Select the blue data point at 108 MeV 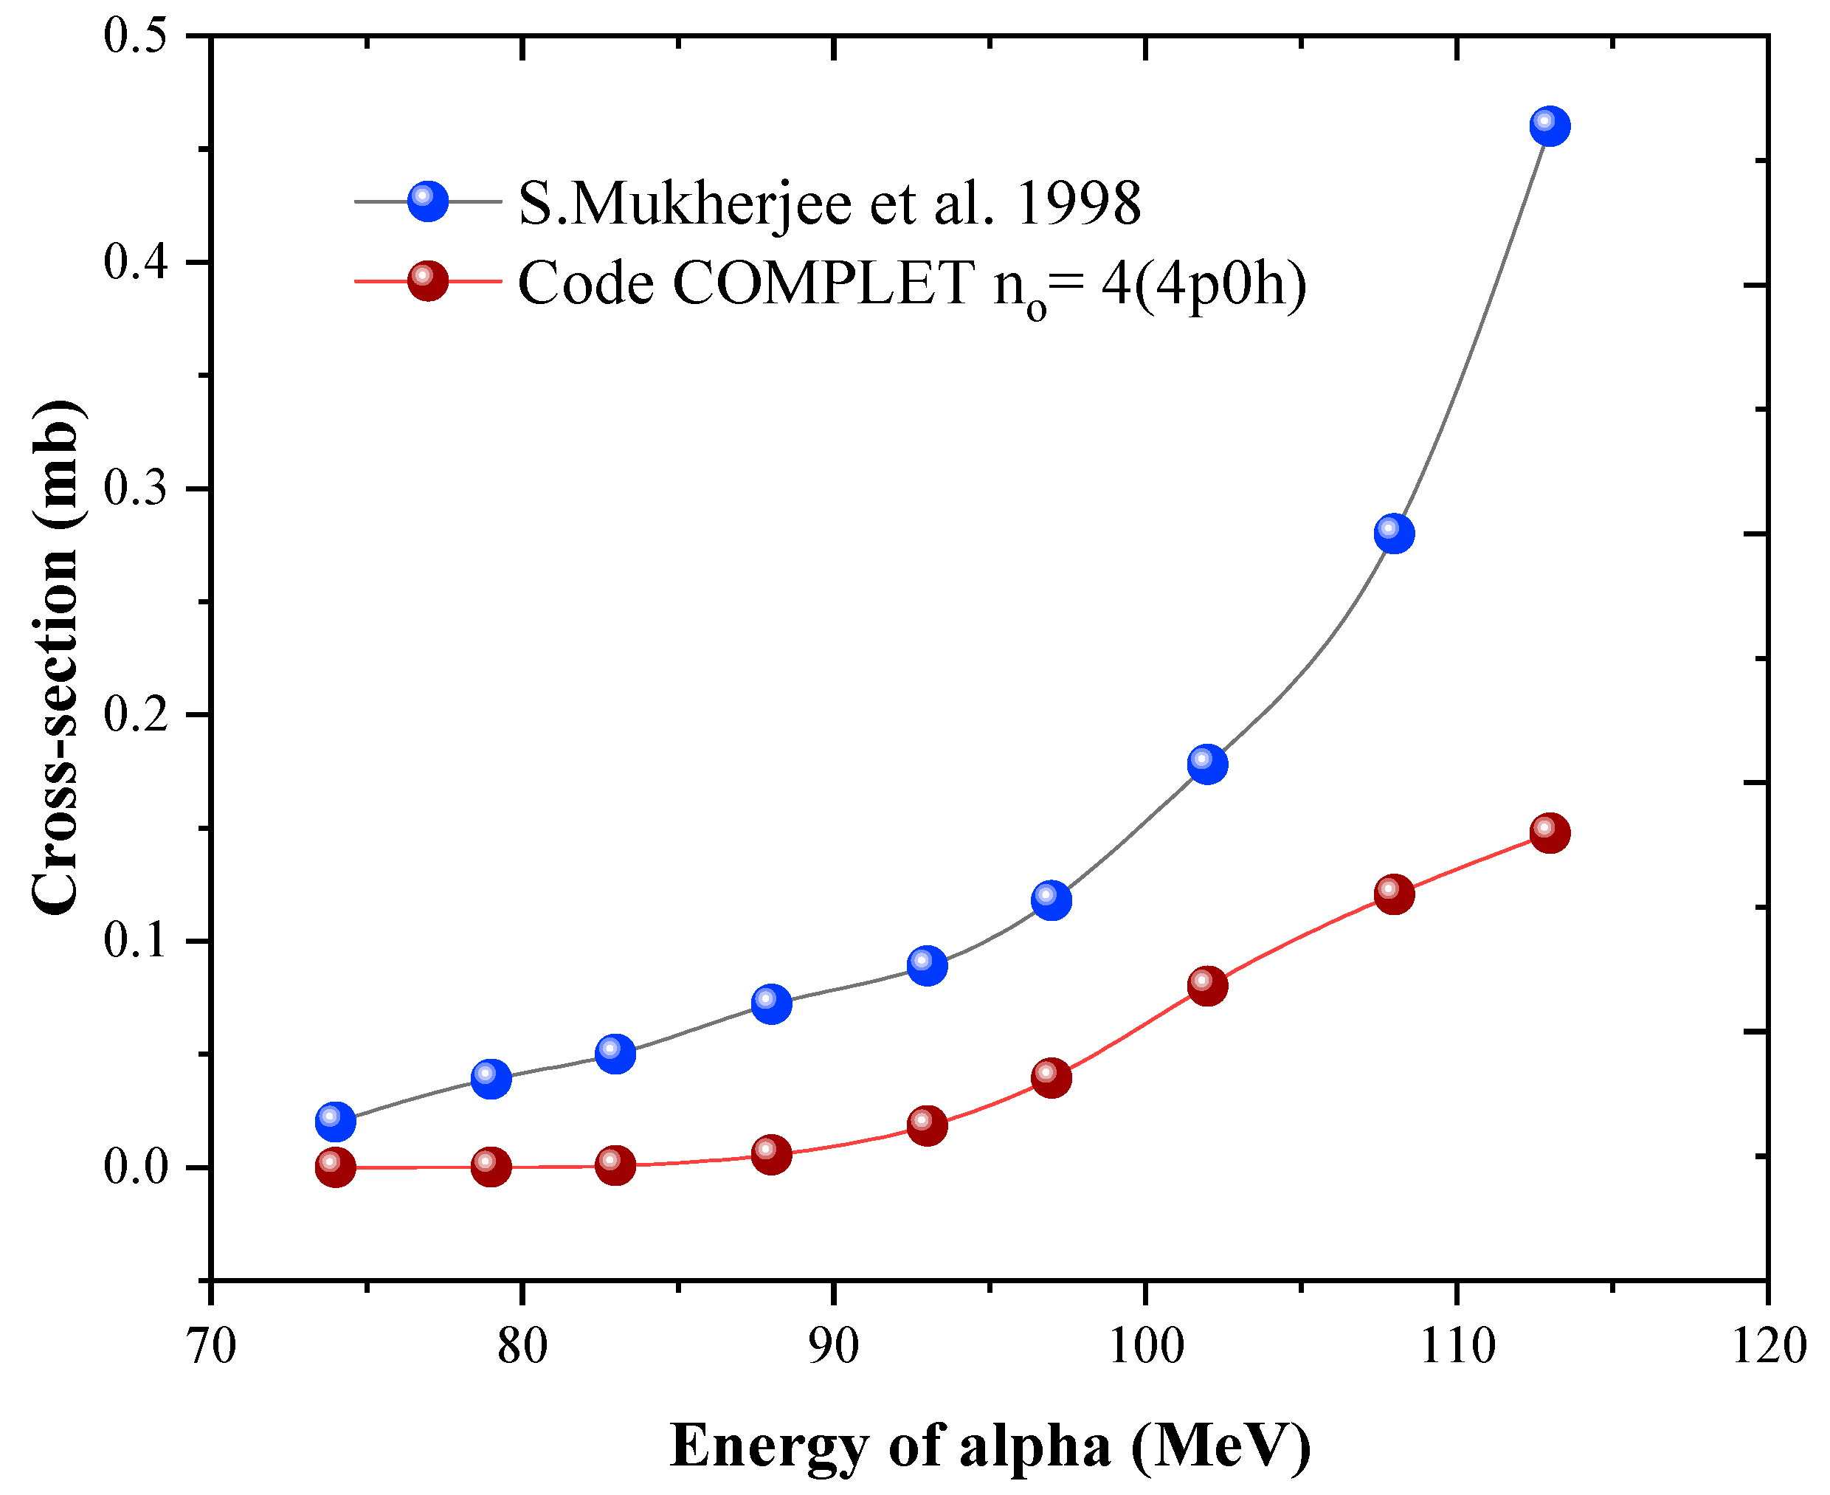pos(1394,533)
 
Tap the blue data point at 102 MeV pos(1207,764)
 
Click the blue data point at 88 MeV pos(771,1004)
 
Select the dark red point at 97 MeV pos(1051,1077)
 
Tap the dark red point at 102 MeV pos(1207,985)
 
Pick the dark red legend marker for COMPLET pos(428,280)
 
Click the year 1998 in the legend pos(1078,205)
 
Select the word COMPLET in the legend pos(823,283)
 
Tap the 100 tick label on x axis pos(1145,1346)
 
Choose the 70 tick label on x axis pos(211,1346)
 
